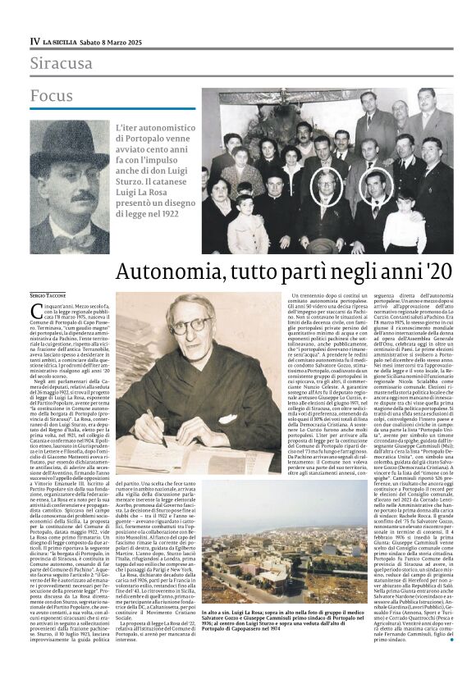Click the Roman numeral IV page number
pos(34,40)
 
